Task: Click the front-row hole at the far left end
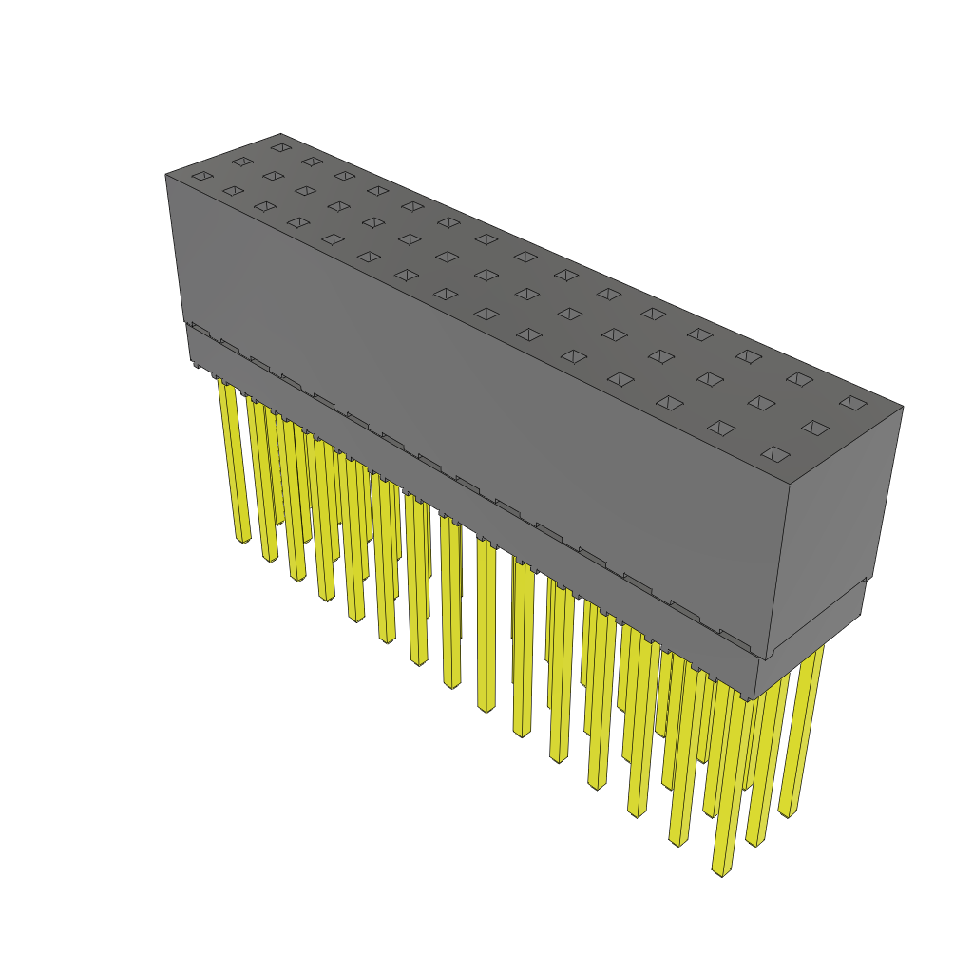[200, 176]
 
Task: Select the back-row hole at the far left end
[280, 147]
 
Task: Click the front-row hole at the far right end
[776, 454]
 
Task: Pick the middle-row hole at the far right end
[815, 428]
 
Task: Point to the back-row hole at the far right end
[853, 403]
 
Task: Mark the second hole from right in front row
[721, 428]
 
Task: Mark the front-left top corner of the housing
[165, 175]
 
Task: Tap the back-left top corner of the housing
[280, 134]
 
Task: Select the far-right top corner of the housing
[903, 407]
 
